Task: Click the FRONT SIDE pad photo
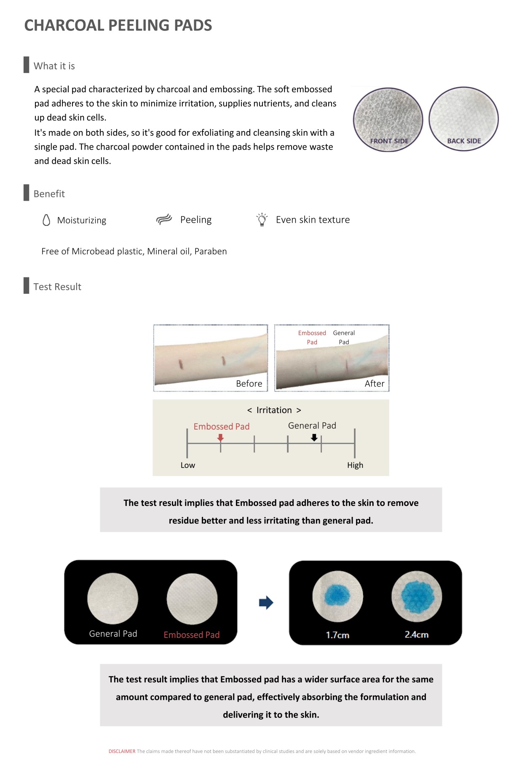point(388,119)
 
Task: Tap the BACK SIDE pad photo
point(463,118)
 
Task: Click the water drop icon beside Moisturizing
point(46,220)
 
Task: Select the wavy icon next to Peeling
point(164,219)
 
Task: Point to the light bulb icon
point(262,220)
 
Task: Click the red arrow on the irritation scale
point(220,438)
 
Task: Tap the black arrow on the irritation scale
point(314,438)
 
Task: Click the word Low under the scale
point(188,465)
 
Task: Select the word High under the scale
point(355,465)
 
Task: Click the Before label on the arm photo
point(249,384)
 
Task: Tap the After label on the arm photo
point(374,384)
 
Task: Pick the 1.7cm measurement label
point(337,635)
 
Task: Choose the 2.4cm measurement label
point(416,634)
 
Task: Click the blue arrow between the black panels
point(266,602)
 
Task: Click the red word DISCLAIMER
point(122,751)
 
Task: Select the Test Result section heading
point(57,287)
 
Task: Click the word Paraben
point(211,251)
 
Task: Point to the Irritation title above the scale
point(274,410)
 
